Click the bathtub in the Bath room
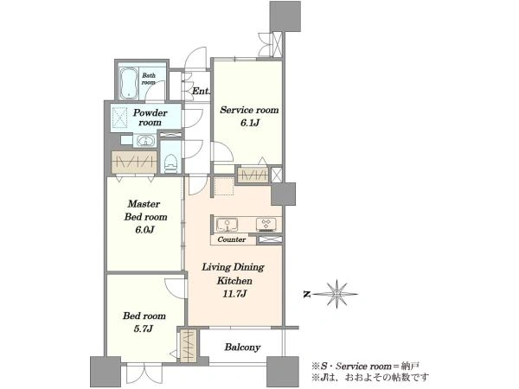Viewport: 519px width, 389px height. click(x=128, y=84)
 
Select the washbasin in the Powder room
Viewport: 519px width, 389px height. click(x=145, y=141)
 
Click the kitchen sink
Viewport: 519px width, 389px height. click(x=227, y=225)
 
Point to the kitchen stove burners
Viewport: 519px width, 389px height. click(x=266, y=225)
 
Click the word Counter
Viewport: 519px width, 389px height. click(x=231, y=239)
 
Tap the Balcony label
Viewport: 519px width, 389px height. click(x=242, y=348)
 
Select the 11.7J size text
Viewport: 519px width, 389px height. click(x=234, y=293)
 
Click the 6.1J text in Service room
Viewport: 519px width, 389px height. click(x=249, y=123)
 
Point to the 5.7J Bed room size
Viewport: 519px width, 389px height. click(x=144, y=328)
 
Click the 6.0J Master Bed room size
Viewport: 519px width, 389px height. click(x=145, y=230)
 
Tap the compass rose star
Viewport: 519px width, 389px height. click(x=336, y=294)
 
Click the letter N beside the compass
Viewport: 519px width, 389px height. click(x=307, y=294)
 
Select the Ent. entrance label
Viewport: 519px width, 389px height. click(x=201, y=91)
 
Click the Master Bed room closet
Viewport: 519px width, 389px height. click(x=134, y=162)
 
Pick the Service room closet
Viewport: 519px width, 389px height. click(x=253, y=175)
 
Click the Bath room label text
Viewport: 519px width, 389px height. click(x=149, y=79)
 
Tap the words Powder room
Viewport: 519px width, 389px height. click(x=150, y=118)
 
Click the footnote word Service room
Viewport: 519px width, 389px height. click(x=363, y=367)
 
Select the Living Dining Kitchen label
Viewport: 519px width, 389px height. click(x=234, y=274)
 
